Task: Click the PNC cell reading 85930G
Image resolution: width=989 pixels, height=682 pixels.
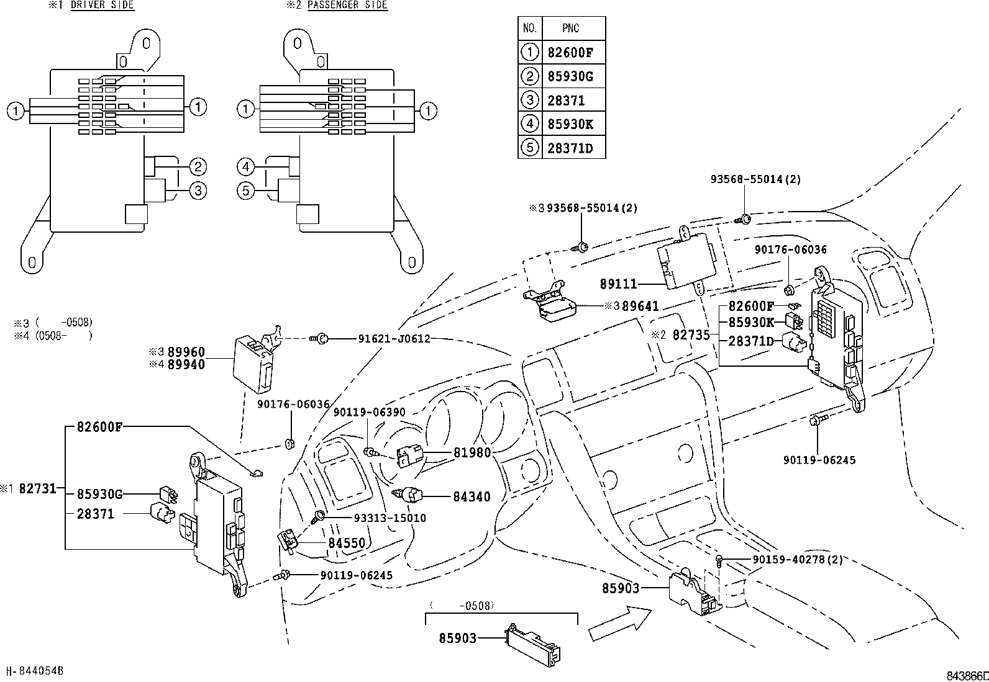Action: (x=570, y=76)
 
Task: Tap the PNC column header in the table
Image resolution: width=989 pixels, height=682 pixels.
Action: (x=571, y=29)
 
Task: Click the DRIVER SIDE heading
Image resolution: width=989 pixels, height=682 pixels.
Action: (x=102, y=5)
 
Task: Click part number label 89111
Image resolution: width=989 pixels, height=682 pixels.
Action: (x=619, y=284)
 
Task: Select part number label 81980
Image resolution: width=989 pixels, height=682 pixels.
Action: (x=472, y=453)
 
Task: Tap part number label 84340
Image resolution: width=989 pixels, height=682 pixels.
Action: (x=472, y=496)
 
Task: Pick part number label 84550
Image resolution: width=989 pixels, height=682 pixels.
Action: (x=347, y=543)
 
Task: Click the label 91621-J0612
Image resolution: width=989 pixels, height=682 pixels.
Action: (x=394, y=339)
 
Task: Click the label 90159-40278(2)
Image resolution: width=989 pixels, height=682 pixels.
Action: (x=798, y=560)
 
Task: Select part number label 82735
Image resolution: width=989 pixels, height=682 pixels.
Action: (x=691, y=334)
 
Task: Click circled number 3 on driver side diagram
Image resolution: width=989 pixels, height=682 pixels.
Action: (x=198, y=191)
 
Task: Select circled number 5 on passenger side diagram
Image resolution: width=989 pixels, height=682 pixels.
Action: (x=246, y=190)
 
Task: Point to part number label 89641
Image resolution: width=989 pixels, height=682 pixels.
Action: (x=640, y=307)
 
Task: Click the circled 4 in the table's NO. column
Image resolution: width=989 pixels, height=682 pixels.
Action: (x=529, y=124)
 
